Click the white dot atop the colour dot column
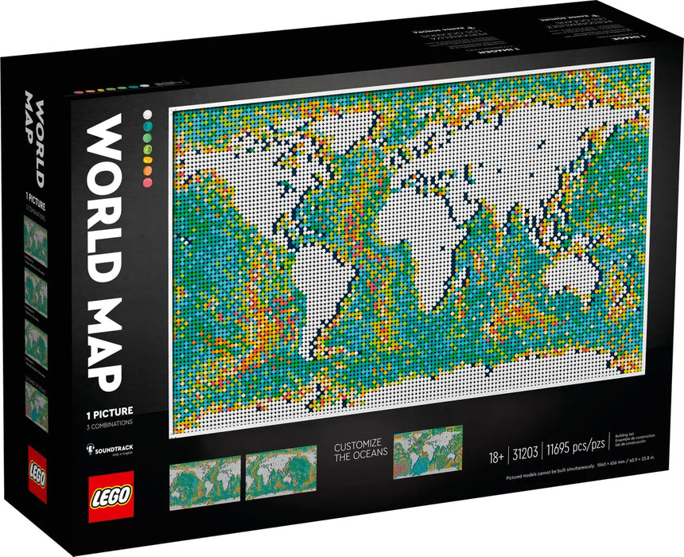pos(148,115)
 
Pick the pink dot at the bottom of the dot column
pos(147,183)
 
